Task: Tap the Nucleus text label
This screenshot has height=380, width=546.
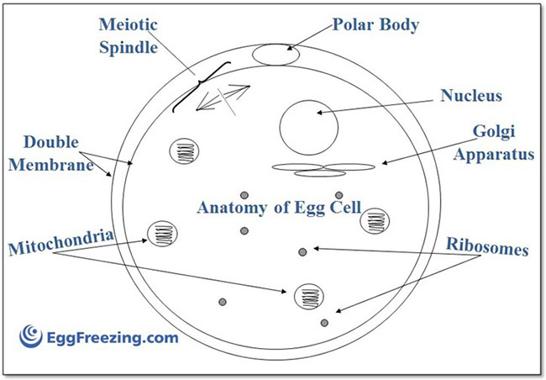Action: pyautogui.click(x=470, y=95)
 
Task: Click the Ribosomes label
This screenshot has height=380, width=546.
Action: pyautogui.click(x=487, y=249)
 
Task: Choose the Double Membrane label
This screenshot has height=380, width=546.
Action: pyautogui.click(x=57, y=153)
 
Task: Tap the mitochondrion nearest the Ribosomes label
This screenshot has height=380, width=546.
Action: pyautogui.click(x=373, y=222)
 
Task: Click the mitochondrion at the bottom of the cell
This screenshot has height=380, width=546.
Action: pyautogui.click(x=309, y=296)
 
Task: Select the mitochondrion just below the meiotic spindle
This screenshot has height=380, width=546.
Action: pyautogui.click(x=185, y=153)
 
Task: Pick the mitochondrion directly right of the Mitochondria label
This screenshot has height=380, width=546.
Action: pyautogui.click(x=162, y=235)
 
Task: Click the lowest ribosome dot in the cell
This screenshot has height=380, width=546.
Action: pyautogui.click(x=325, y=322)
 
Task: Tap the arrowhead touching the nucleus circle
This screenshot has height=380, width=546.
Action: pyautogui.click(x=320, y=111)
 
